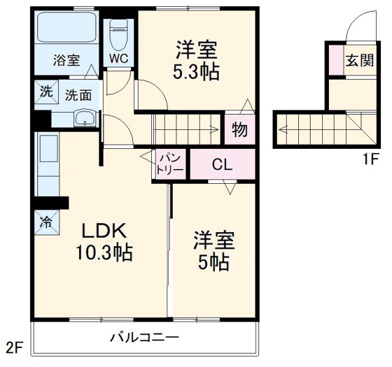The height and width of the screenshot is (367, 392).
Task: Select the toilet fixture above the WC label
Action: (119, 35)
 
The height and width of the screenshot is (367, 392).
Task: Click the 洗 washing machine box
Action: (46, 93)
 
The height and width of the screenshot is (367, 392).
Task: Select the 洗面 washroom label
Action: (78, 95)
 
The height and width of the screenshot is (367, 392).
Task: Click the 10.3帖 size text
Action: (104, 252)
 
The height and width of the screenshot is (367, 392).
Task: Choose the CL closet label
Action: (222, 164)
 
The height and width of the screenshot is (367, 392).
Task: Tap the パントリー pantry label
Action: (168, 164)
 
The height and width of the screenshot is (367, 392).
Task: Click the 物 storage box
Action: (239, 130)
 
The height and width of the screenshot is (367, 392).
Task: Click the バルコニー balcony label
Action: (145, 337)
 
